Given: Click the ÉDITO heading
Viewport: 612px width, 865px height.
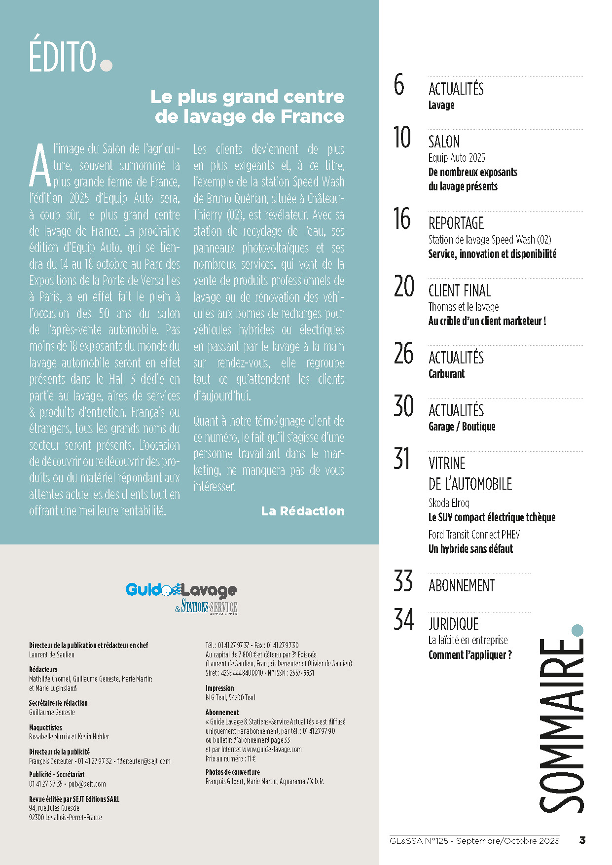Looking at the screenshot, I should coord(63,57).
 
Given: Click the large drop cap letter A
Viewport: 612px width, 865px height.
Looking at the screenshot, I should coord(40,165).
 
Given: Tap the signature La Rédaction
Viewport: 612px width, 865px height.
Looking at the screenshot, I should coord(303,511).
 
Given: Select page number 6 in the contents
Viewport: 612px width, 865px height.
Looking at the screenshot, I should coord(399,85).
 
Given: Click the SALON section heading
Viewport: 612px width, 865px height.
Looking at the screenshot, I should coord(444,142).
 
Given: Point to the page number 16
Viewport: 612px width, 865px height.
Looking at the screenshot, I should coord(402,219).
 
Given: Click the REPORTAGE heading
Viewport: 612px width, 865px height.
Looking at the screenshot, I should coord(456,223).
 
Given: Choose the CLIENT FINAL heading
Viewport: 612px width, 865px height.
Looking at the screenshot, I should coord(460,291).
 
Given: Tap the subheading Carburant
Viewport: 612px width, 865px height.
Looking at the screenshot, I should coord(446,374).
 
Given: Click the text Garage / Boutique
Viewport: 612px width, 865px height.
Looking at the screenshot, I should coord(462,427).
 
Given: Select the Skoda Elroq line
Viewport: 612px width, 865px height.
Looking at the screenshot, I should coord(449,503).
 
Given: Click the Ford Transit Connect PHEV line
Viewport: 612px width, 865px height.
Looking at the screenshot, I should coord(474,535).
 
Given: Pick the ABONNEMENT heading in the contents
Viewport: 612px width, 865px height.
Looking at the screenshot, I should coord(462,586).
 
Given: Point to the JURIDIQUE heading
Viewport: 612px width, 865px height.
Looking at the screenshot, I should coord(453,624).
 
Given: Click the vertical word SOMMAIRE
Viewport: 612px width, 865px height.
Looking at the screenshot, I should coord(562,725).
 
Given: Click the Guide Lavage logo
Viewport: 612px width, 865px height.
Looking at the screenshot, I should coord(181,597).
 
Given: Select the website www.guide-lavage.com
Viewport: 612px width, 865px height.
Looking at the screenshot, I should coord(272,750).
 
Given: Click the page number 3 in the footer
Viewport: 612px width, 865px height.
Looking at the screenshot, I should coord(582,840).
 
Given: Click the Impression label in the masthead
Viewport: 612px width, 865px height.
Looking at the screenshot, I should coord(220,688).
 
